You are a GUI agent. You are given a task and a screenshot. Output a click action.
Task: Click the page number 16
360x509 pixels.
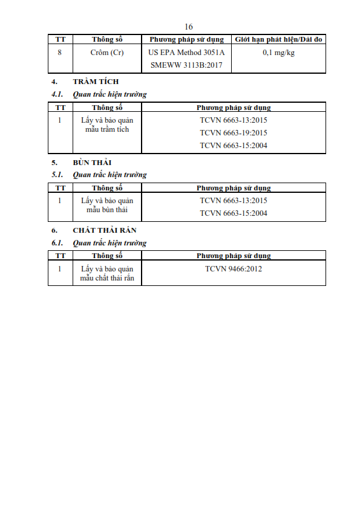(x=188, y=27)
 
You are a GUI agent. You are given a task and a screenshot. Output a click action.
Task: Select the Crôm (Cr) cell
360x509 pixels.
(x=107, y=53)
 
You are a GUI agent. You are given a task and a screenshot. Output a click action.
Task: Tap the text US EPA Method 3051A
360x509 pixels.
(x=186, y=53)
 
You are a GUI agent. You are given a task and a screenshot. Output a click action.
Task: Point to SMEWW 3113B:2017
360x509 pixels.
(x=186, y=65)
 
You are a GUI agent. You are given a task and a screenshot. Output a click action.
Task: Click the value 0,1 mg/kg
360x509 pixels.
(x=278, y=53)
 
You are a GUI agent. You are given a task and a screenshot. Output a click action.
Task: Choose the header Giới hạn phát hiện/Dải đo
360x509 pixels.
(x=278, y=40)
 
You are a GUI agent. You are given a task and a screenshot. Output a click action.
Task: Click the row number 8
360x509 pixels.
(x=60, y=53)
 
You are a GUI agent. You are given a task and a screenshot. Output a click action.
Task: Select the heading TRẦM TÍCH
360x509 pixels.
(x=96, y=82)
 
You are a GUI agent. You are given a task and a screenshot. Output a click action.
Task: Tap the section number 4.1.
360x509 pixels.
(x=57, y=94)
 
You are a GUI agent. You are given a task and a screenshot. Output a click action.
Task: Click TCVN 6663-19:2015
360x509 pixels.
(x=234, y=133)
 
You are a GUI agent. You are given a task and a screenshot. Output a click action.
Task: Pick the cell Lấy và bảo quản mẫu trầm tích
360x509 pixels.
(x=107, y=125)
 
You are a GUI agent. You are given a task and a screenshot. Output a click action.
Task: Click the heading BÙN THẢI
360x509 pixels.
(x=93, y=162)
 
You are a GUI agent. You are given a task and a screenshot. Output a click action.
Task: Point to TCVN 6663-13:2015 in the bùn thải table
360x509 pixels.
(x=234, y=201)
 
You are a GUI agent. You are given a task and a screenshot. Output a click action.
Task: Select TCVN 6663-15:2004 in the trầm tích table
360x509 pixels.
(x=234, y=146)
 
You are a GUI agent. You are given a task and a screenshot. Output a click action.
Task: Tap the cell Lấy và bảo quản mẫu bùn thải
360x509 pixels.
(x=107, y=205)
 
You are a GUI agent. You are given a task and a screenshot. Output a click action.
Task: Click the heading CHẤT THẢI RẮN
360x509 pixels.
(x=105, y=230)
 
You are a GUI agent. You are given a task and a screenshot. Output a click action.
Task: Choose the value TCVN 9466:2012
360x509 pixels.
(x=234, y=269)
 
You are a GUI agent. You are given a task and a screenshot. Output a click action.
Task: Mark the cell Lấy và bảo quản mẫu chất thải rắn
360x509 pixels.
(x=107, y=273)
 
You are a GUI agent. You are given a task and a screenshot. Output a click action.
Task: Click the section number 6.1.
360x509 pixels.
(x=57, y=243)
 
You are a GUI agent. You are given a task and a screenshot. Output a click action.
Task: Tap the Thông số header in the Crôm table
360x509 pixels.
(x=107, y=40)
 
